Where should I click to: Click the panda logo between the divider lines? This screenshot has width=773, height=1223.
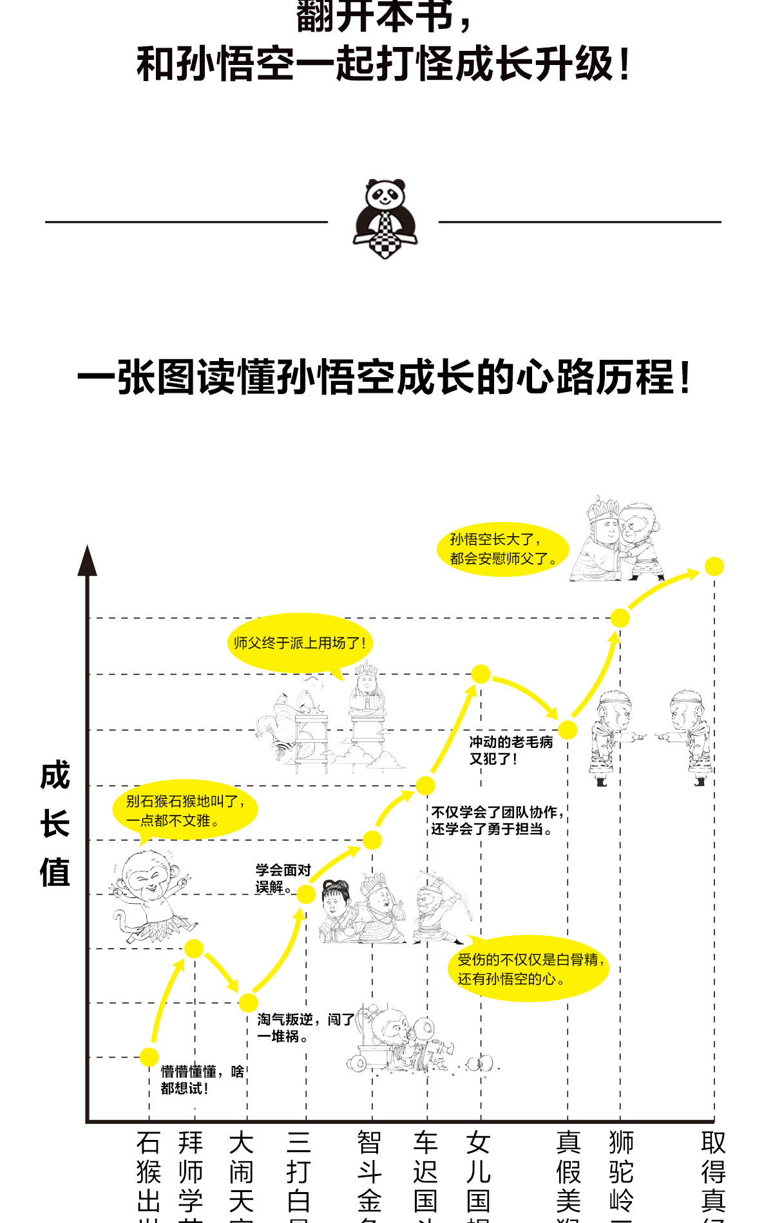pyautogui.click(x=385, y=219)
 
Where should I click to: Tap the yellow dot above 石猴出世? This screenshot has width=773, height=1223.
pyautogui.click(x=149, y=1057)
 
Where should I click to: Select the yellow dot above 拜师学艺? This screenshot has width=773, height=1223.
pyautogui.click(x=194, y=948)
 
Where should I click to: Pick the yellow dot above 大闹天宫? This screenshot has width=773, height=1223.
pyautogui.click(x=248, y=1002)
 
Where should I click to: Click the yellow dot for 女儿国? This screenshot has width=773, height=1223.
pyautogui.click(x=481, y=674)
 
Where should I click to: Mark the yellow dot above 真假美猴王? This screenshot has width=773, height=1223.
pyautogui.click(x=568, y=729)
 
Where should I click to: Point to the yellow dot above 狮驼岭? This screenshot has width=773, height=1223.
pyautogui.click(x=620, y=618)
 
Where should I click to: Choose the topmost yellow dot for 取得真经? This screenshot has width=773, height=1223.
pyautogui.click(x=714, y=566)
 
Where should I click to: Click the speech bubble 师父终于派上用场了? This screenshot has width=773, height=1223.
pyautogui.click(x=300, y=643)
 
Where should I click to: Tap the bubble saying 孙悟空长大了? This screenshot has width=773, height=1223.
pyautogui.click(x=502, y=549)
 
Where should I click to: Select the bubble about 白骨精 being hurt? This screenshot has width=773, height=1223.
pyautogui.click(x=529, y=969)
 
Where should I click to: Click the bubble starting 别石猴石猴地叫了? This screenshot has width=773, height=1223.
pyautogui.click(x=185, y=810)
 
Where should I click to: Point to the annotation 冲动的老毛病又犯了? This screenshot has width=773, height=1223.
pyautogui.click(x=511, y=751)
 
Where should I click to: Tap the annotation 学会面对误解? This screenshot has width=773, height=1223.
pyautogui.click(x=283, y=879)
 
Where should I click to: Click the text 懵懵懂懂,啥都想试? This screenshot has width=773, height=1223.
pyautogui.click(x=202, y=1080)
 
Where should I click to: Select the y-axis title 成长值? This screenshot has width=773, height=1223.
pyautogui.click(x=55, y=824)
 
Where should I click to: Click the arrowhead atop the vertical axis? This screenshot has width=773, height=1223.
pyautogui.click(x=88, y=560)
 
